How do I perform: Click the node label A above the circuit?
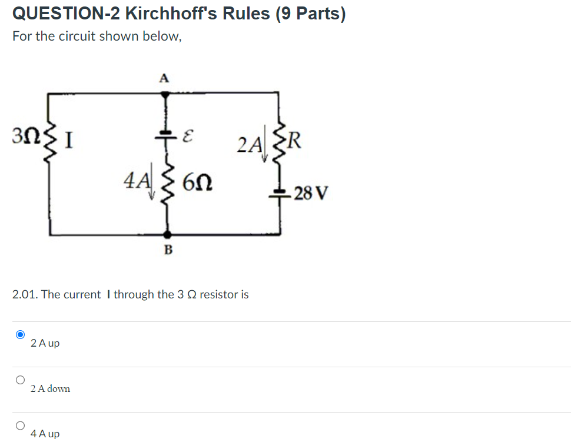(x=164, y=77)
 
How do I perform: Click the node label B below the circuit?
(x=167, y=250)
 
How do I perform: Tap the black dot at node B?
(x=167, y=234)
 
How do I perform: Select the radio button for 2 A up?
(x=21, y=334)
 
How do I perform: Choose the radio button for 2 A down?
(x=21, y=380)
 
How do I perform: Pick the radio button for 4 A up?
(x=21, y=425)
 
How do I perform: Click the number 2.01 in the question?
(x=24, y=294)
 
